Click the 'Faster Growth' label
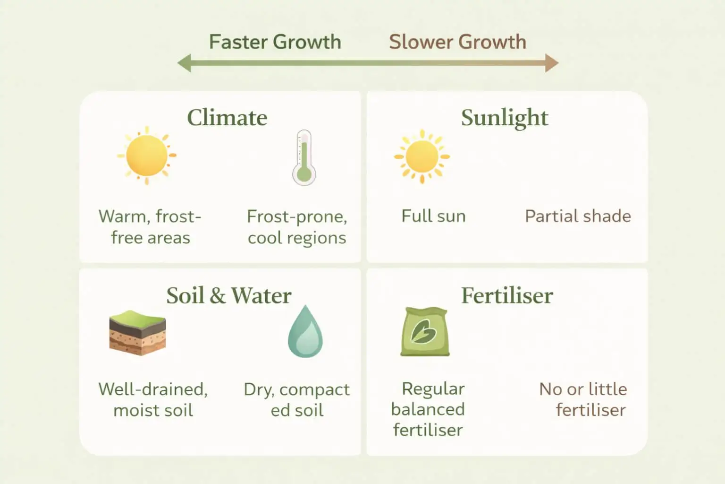pyautogui.click(x=275, y=42)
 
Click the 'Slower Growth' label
pyautogui.click(x=457, y=42)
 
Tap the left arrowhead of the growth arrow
pyautogui.click(x=185, y=63)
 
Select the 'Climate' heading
pyautogui.click(x=227, y=118)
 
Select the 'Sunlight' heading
pyautogui.click(x=505, y=118)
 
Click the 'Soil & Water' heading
pyautogui.click(x=228, y=296)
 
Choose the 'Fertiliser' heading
pyautogui.click(x=507, y=296)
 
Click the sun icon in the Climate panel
pyautogui.click(x=147, y=156)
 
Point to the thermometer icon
pyautogui.click(x=304, y=158)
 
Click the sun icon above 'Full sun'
pyautogui.click(x=422, y=156)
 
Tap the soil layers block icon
pyautogui.click(x=137, y=333)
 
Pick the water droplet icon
pyautogui.click(x=305, y=332)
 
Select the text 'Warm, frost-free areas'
pyautogui.click(x=150, y=227)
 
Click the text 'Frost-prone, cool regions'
pyautogui.click(x=297, y=227)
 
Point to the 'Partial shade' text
pyautogui.click(x=578, y=216)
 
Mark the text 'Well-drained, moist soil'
pyautogui.click(x=153, y=399)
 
